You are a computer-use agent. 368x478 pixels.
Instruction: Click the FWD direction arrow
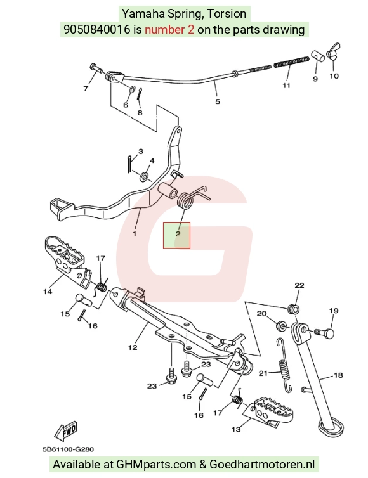(x=65, y=431)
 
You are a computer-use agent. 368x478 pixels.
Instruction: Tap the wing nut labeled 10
(x=333, y=53)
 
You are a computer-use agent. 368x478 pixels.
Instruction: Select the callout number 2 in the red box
(x=178, y=234)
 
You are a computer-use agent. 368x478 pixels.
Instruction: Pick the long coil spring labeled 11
(x=291, y=61)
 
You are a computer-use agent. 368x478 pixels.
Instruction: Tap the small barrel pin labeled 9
(x=317, y=56)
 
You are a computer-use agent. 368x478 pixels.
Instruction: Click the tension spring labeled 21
(x=284, y=365)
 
